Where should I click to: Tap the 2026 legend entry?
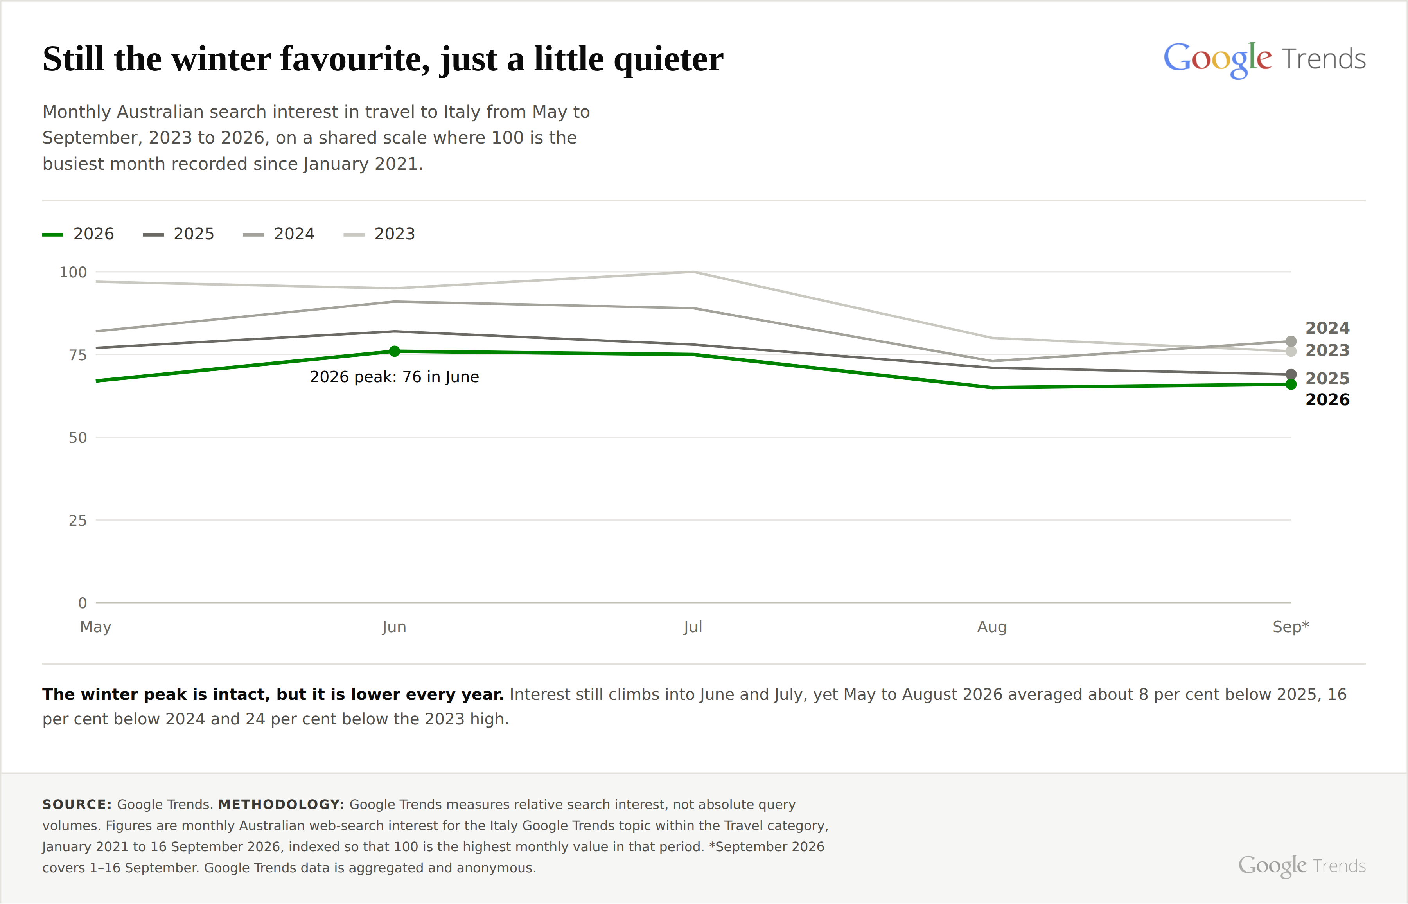(78, 234)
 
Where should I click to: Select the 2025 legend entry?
(178, 234)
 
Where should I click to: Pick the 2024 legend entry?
(279, 234)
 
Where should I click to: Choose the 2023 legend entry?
(379, 234)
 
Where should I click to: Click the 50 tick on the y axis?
(77, 438)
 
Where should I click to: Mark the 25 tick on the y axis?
(77, 521)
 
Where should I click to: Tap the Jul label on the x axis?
(693, 627)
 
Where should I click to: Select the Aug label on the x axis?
(992, 627)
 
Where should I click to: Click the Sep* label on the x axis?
(1291, 627)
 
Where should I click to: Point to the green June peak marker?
(394, 351)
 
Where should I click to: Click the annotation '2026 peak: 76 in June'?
(394, 377)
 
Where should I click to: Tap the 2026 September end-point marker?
(1291, 385)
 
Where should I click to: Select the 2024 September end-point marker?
(1291, 341)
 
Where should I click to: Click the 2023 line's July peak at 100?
(693, 272)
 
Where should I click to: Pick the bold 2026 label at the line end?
(1327, 400)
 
